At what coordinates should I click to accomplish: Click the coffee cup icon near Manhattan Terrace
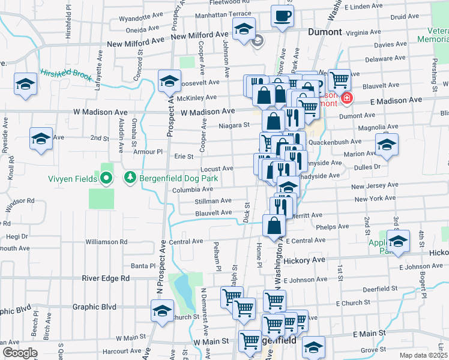tap(282, 16)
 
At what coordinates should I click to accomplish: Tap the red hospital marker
tap(346, 98)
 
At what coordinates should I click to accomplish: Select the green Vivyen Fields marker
tap(106, 178)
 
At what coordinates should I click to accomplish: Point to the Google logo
tap(20, 353)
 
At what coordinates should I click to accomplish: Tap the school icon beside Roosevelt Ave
tap(169, 80)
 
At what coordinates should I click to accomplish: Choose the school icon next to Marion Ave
tap(387, 145)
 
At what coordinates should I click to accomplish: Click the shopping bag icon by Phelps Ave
tap(274, 226)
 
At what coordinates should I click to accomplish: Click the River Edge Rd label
tap(106, 278)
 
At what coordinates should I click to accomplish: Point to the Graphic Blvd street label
tap(94, 307)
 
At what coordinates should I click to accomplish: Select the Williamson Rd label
tap(106, 242)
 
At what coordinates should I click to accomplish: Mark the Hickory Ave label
tap(304, 260)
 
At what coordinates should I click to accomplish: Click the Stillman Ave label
tap(213, 201)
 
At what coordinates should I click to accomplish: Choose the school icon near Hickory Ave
tap(397, 241)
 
